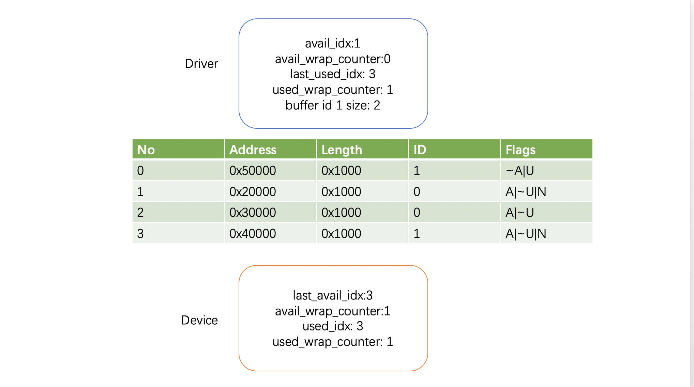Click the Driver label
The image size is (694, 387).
point(201,64)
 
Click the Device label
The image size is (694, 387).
point(199,320)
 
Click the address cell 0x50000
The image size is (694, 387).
point(253,171)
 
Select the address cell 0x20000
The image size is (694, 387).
point(253,192)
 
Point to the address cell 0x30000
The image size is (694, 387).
point(253,213)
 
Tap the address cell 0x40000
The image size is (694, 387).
point(253,234)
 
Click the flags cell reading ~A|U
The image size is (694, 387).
point(520,171)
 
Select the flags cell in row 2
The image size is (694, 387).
point(520,213)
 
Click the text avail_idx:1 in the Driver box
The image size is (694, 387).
point(333,43)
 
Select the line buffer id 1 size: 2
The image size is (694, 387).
point(333,105)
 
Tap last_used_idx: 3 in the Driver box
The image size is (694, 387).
point(333,74)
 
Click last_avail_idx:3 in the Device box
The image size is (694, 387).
point(333,295)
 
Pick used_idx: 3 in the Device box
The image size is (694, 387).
point(333,326)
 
